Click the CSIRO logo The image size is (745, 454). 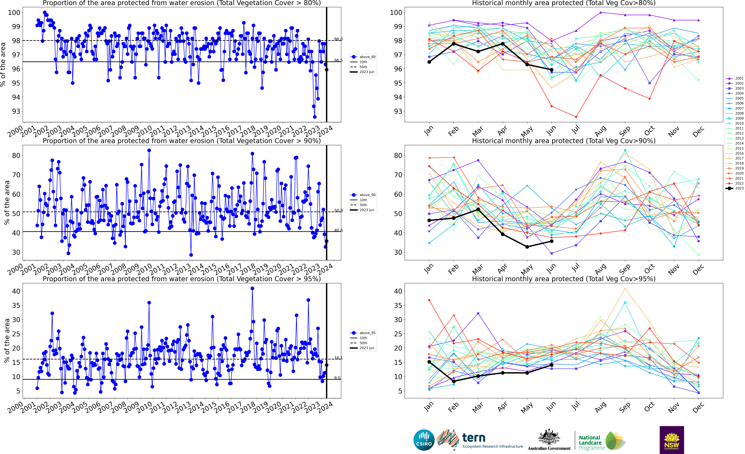point(424,440)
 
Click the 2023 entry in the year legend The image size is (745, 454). point(735,188)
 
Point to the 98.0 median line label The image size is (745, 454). point(338,39)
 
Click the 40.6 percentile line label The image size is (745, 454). point(338,230)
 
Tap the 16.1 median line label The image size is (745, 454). point(338,358)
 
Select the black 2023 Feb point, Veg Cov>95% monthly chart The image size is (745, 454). point(454,381)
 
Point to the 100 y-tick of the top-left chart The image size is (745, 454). point(14,12)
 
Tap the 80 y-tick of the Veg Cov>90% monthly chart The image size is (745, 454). point(398,156)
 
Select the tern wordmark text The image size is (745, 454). point(474,438)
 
